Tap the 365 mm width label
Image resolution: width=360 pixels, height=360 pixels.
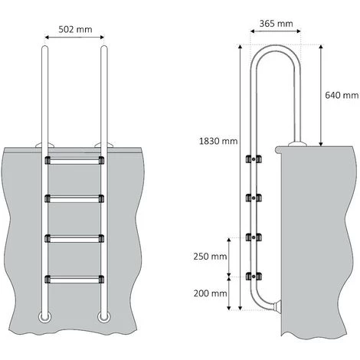pos(276,24)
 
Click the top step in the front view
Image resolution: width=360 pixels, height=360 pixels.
pos(74,162)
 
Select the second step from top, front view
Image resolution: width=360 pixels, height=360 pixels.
pos(74,199)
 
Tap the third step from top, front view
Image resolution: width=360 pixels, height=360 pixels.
pos(74,237)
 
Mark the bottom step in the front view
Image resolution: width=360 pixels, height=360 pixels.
pos(74,277)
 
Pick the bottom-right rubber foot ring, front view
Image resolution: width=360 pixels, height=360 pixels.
pos(103,316)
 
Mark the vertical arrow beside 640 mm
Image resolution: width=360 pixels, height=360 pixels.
pos(320,95)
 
